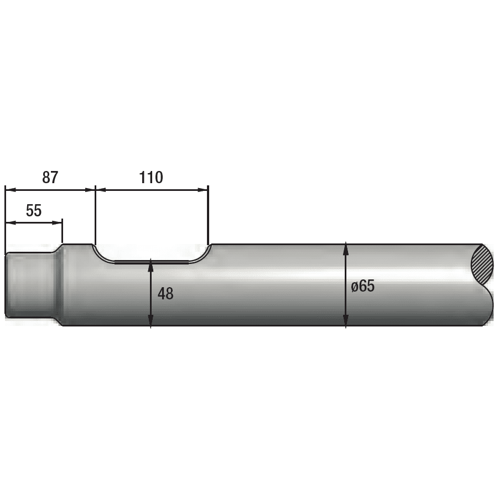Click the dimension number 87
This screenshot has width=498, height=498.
(x=50, y=177)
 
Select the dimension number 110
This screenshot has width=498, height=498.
(x=151, y=177)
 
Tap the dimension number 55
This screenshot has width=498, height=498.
(x=34, y=210)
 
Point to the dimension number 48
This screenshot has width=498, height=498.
(x=165, y=294)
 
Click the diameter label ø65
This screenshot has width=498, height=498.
(x=362, y=286)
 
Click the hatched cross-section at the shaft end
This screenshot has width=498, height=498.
(x=483, y=265)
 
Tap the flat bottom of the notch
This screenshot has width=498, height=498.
(x=152, y=262)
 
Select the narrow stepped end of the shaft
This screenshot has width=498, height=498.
(x=31, y=284)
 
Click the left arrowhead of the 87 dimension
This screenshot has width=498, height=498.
(x=10, y=190)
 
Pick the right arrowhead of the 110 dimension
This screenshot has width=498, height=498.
(x=203, y=190)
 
